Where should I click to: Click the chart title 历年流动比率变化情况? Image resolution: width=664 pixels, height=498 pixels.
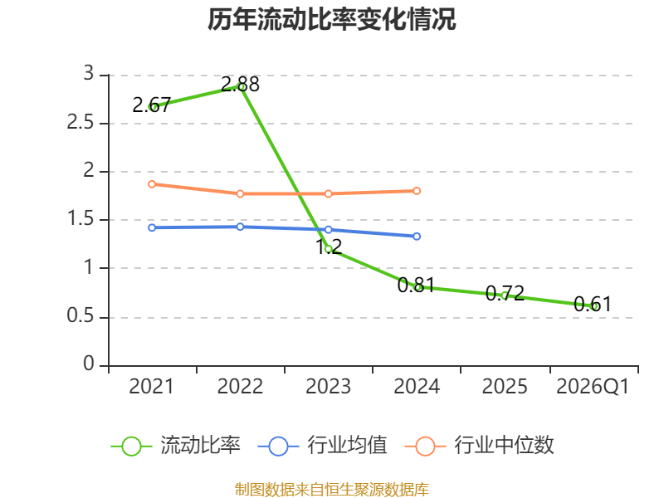(331, 19)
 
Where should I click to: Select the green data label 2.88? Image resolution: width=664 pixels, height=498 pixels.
(240, 85)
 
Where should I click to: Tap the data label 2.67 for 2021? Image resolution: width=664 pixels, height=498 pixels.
(152, 105)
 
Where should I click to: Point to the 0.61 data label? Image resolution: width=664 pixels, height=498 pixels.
(593, 304)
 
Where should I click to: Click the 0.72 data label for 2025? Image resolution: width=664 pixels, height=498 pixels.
(505, 293)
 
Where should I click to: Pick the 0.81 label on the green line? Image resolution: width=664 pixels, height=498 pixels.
(417, 285)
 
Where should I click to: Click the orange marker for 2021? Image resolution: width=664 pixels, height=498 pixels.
(152, 184)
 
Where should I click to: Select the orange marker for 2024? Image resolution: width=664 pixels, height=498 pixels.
(417, 191)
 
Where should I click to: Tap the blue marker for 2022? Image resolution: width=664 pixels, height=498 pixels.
(240, 227)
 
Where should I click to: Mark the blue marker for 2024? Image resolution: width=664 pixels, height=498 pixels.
(417, 237)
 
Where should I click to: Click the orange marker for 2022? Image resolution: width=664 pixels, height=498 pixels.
(240, 193)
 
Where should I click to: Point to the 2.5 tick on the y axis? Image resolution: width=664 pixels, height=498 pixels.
(81, 123)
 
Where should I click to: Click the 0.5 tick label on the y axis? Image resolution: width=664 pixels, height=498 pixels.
(81, 316)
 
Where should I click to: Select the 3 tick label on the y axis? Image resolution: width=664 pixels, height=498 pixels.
(89, 73)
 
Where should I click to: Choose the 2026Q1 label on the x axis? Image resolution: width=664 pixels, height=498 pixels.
(593, 386)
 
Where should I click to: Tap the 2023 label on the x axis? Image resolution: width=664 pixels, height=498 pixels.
(328, 386)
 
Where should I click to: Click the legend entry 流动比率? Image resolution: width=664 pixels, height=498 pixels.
(176, 446)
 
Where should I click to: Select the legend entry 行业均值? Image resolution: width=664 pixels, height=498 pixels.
(323, 446)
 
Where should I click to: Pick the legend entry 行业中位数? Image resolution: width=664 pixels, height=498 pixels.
(480, 446)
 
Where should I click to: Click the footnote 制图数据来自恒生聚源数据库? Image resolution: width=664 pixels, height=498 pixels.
(332, 490)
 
